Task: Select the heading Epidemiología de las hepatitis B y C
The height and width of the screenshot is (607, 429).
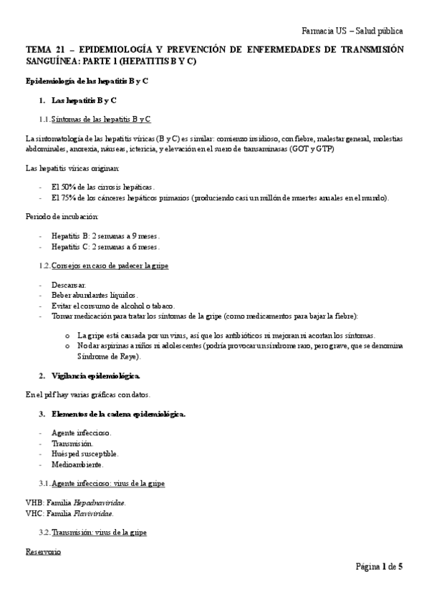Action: (87, 81)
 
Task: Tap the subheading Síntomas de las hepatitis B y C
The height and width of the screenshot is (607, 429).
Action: (100, 119)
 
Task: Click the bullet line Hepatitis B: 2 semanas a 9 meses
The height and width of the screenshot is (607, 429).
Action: (106, 235)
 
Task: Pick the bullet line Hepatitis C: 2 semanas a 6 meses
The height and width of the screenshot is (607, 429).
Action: (106, 247)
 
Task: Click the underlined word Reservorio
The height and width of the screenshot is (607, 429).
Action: (43, 552)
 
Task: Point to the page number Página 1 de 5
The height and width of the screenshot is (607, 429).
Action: (379, 567)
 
